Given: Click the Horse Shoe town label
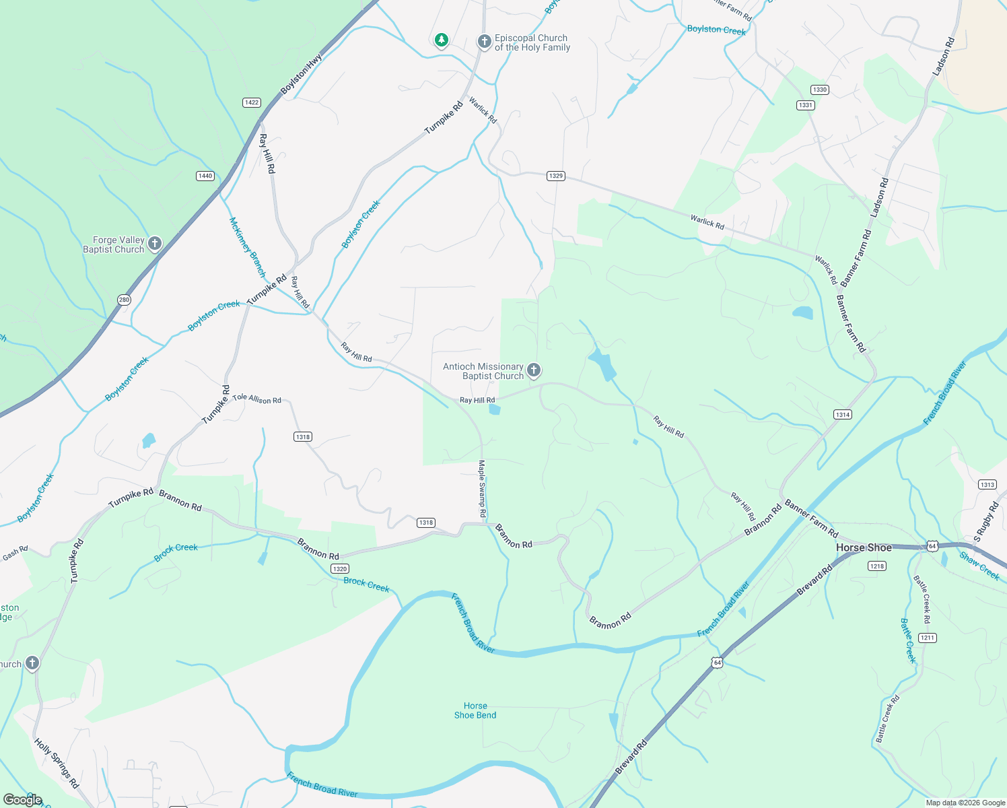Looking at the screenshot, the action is coord(864,547).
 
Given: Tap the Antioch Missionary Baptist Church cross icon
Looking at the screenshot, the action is coord(534,370).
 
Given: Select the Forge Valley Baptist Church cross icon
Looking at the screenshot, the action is coord(155,243).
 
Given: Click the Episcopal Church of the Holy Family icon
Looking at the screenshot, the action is coord(484,42).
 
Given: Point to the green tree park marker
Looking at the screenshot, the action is coord(441,40).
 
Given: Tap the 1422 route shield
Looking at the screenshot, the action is coord(252,102).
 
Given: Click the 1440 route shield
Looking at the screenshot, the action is coord(205,176).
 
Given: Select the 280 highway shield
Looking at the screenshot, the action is coord(124,300).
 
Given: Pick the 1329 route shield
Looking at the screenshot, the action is coord(555,176).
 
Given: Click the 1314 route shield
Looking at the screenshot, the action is coord(843,415).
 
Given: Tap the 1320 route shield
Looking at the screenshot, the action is coord(340,569).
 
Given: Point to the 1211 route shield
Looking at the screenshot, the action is coord(928,638).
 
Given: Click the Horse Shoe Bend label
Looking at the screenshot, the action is coord(475,710).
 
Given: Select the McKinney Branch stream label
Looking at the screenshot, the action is coord(247,247).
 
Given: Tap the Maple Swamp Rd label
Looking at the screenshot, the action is coord(482,488).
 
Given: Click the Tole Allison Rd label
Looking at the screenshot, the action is coord(256,399).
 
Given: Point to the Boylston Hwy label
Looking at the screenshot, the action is coord(301,74).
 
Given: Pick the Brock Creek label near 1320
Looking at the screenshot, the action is coord(366,584).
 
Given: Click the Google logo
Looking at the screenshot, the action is coord(23,800).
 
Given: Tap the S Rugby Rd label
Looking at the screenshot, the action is coord(986,521).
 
